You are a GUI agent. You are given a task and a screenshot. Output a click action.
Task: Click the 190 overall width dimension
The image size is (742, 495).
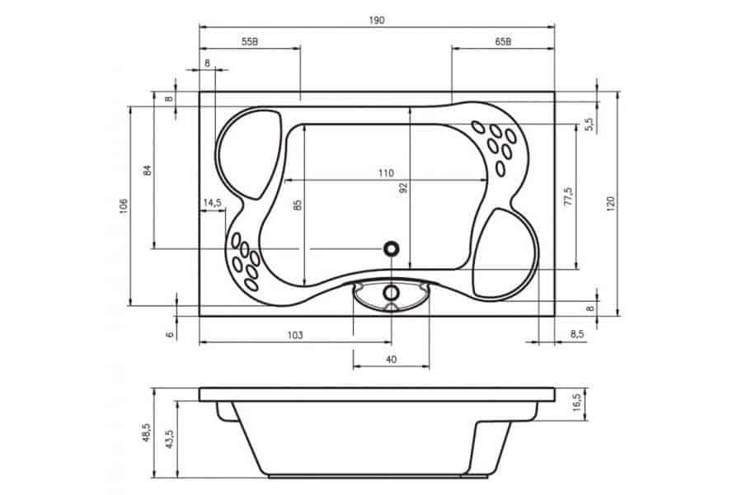click(377, 21)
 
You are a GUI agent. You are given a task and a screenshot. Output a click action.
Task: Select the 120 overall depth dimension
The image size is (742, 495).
click(611, 203)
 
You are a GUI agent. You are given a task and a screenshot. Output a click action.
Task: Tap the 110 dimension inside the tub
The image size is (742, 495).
click(386, 173)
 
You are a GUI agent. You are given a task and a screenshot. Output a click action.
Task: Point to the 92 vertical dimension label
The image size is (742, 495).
click(403, 187)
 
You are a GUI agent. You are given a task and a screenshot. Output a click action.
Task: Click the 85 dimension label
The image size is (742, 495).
click(297, 205)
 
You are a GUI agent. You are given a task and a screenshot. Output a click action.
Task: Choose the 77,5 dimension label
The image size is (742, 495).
click(568, 196)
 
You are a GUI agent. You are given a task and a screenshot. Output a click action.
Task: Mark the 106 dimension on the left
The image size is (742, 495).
click(124, 206)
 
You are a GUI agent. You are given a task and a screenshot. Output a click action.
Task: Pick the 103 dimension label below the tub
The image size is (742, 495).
click(295, 336)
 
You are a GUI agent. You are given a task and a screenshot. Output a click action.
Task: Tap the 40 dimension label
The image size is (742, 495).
click(392, 360)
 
